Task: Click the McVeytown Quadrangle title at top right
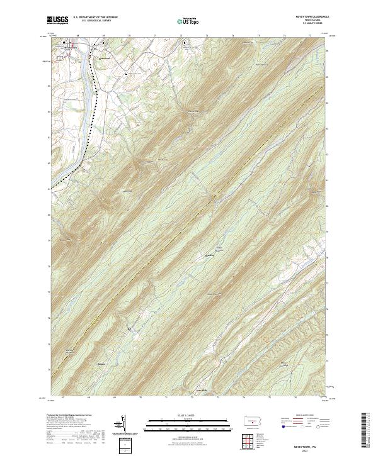[307, 16]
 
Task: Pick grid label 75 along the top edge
[285, 36]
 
